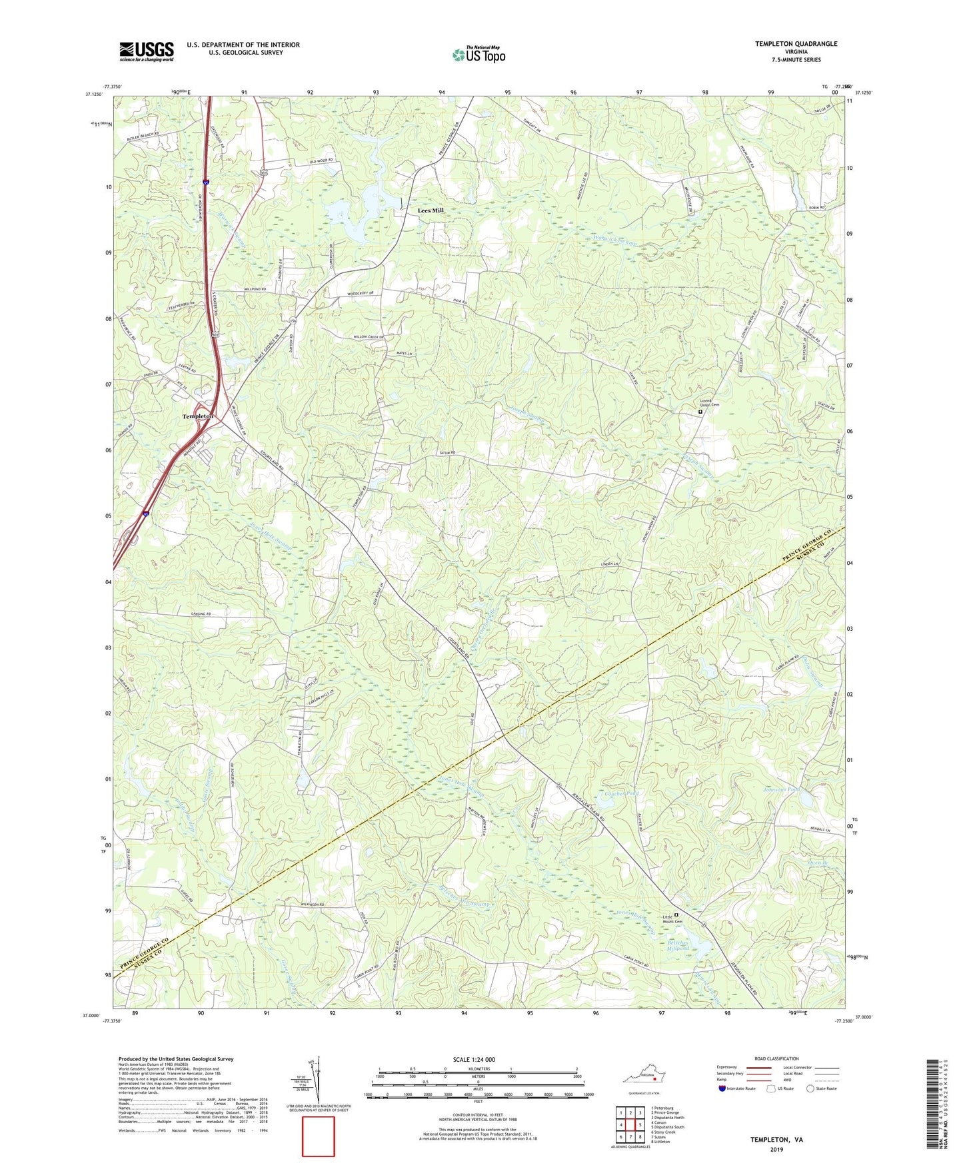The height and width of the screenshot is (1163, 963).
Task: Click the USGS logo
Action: [x=147, y=51]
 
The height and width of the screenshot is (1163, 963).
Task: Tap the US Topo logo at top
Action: [x=478, y=54]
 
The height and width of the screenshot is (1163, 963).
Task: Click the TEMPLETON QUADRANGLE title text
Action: [x=796, y=44]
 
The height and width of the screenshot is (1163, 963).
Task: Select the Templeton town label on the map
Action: [x=198, y=416]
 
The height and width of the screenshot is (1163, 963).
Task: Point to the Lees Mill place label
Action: [x=431, y=210]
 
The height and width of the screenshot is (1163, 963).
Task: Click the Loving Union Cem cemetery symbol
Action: [x=700, y=412]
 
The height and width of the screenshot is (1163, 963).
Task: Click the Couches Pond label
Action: [x=621, y=794]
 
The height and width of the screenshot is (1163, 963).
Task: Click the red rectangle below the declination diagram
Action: [x=319, y=1136]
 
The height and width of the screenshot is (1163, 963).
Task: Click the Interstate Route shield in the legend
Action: [x=722, y=1088]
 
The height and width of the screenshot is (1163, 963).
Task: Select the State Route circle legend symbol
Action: [x=810, y=1088]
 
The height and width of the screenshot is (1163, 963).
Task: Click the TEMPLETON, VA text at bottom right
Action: [x=776, y=1140]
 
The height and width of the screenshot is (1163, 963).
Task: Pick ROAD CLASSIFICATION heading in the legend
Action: [x=776, y=1058]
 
